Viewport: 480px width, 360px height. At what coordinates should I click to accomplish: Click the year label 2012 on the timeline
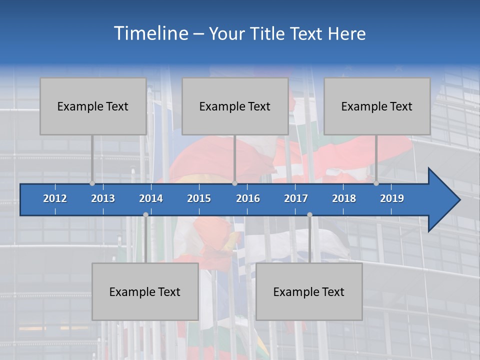pyautogui.click(x=55, y=198)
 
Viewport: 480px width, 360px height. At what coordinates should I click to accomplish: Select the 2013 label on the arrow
pyautogui.click(x=103, y=198)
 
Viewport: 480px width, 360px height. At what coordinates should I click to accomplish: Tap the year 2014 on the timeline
pyautogui.click(x=151, y=198)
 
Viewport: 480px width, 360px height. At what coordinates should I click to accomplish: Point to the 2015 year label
pyautogui.click(x=199, y=198)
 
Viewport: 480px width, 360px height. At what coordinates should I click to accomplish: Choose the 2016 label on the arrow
pyautogui.click(x=248, y=198)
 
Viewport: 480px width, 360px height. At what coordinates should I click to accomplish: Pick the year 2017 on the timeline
pyautogui.click(x=296, y=198)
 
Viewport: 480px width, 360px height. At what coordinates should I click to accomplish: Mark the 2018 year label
pyautogui.click(x=344, y=198)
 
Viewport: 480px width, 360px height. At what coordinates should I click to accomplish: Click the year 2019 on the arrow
pyautogui.click(x=392, y=198)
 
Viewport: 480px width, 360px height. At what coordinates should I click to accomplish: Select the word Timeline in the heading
pyautogui.click(x=150, y=33)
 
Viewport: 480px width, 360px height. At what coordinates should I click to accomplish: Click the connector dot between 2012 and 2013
pyautogui.click(x=92, y=183)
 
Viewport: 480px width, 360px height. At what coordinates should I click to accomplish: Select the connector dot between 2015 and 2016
pyautogui.click(x=234, y=183)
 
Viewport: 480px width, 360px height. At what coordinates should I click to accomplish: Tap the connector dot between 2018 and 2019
pyautogui.click(x=376, y=183)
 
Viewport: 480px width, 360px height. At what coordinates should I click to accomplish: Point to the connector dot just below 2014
pyautogui.click(x=145, y=214)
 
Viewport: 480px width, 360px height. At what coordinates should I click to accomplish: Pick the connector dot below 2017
pyautogui.click(x=309, y=214)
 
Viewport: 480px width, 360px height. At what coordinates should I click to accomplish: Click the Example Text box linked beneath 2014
pyautogui.click(x=145, y=291)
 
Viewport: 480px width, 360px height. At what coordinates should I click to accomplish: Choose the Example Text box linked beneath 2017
pyautogui.click(x=309, y=291)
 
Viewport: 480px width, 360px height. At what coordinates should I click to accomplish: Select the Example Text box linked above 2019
pyautogui.click(x=377, y=106)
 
